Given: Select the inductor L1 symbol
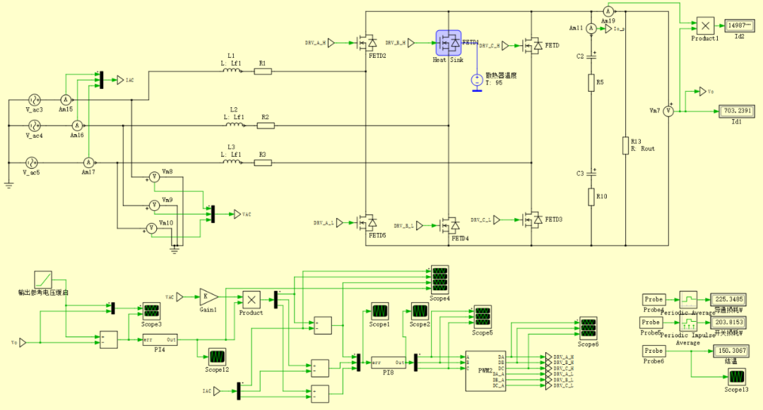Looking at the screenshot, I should click(x=233, y=71).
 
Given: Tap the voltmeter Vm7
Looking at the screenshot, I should click(x=668, y=111).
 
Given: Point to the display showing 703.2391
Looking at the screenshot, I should click(x=736, y=111).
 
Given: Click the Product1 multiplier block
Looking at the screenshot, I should click(x=705, y=25).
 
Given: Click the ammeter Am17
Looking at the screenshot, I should click(x=89, y=162).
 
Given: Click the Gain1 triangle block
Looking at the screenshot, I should click(x=208, y=296).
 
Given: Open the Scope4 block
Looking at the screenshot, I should click(x=439, y=279).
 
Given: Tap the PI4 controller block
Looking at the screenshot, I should click(x=160, y=340).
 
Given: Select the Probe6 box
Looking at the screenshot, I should click(x=653, y=351).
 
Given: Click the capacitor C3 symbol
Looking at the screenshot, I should click(x=594, y=171).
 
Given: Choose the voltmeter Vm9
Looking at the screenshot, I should click(x=153, y=205).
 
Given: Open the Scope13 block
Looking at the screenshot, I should click(x=735, y=375).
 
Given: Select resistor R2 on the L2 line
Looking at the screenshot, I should click(x=266, y=126).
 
